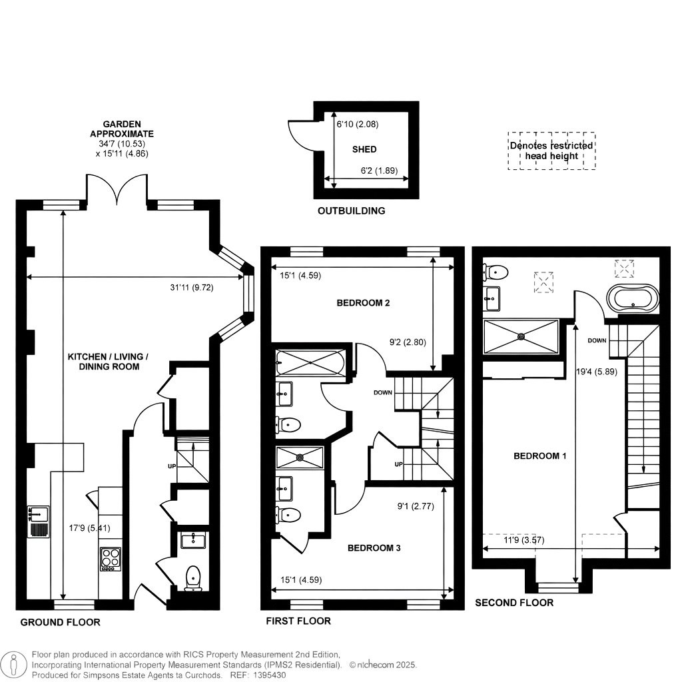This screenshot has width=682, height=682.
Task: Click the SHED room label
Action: (x=364, y=149)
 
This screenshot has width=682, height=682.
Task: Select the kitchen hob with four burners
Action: (x=109, y=559)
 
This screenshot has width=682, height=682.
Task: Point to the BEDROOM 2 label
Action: (x=363, y=303)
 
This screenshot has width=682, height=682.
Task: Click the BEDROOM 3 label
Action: (x=374, y=548)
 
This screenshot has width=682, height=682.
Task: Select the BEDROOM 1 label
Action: (x=540, y=456)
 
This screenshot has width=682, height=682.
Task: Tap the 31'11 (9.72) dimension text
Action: (x=203, y=288)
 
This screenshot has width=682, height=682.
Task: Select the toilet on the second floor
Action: (x=497, y=272)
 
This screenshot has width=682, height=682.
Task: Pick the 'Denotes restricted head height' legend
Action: (x=551, y=151)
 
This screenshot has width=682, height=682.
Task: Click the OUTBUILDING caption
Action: (x=351, y=211)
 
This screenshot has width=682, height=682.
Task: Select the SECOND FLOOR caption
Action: (x=513, y=603)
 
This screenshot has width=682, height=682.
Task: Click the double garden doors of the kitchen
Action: (x=116, y=189)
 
